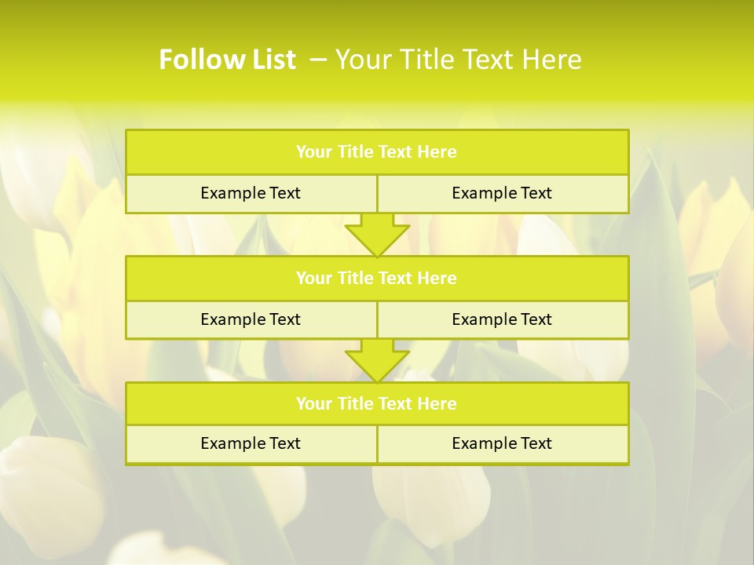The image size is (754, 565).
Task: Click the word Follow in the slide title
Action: [196, 60]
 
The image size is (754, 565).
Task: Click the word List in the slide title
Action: [269, 60]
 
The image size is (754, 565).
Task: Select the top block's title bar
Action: [377, 152]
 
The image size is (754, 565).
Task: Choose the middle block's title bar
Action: [377, 278]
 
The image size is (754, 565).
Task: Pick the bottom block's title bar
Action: [377, 403]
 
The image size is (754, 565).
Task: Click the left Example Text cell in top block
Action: [251, 193]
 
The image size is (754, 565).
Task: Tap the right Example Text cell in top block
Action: [502, 193]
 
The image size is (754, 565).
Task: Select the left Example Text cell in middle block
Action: [251, 319]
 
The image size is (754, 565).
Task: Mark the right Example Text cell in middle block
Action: [502, 319]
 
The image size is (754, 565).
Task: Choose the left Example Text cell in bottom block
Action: [251, 443]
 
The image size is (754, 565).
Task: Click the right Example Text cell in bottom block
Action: [502, 443]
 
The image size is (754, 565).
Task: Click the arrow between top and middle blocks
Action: [377, 235]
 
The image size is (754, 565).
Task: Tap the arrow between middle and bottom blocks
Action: [377, 360]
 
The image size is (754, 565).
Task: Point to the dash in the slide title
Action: [319, 60]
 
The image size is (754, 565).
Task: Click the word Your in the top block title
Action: [314, 152]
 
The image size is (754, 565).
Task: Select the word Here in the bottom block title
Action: [437, 403]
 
